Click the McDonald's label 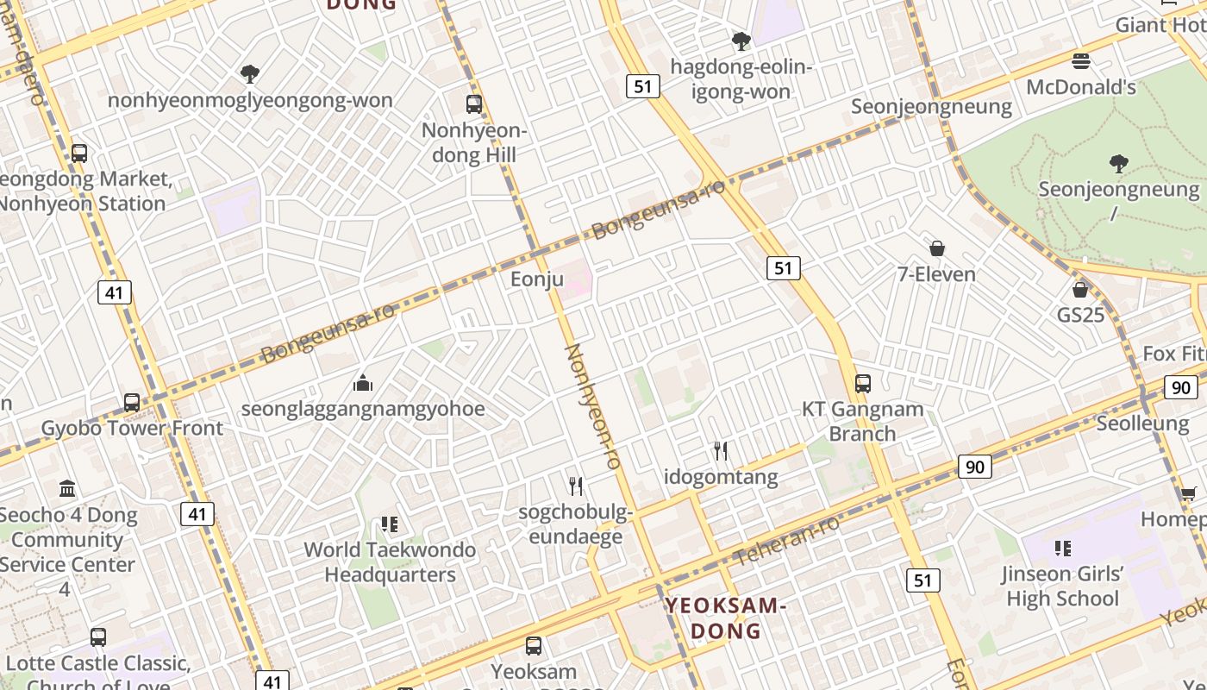click(x=1081, y=87)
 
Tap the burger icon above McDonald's click(x=1081, y=61)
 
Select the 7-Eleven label click(x=936, y=274)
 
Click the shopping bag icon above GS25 click(x=1080, y=290)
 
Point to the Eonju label click(x=536, y=279)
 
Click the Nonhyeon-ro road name click(x=592, y=406)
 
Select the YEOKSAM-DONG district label click(x=726, y=618)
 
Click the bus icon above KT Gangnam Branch click(x=862, y=383)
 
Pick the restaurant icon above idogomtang click(x=721, y=450)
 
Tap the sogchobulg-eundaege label click(x=575, y=524)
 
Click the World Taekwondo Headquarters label click(x=390, y=561)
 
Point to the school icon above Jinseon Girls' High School click(x=1062, y=548)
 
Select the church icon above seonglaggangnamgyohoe click(x=363, y=382)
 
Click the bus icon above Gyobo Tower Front click(x=132, y=402)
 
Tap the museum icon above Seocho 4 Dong click(x=67, y=489)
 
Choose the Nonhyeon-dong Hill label click(x=474, y=142)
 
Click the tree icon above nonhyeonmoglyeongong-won click(x=250, y=74)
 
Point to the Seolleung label click(x=1142, y=423)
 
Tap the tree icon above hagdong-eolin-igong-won click(x=741, y=41)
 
